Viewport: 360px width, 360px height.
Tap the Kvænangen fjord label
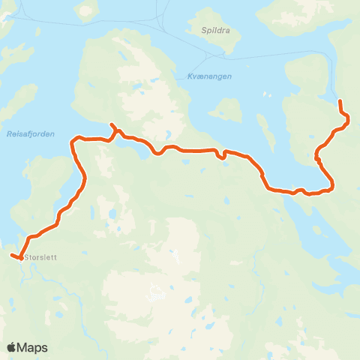(205, 76)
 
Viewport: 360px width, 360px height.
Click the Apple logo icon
(13, 347)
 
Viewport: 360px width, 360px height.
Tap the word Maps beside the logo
(33, 347)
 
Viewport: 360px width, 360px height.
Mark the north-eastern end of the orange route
(340, 100)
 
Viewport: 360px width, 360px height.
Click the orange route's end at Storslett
(12, 256)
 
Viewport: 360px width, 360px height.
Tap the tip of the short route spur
(111, 124)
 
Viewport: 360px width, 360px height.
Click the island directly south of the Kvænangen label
(226, 110)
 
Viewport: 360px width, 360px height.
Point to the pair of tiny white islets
(268, 95)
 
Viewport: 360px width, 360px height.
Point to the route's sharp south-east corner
(332, 186)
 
